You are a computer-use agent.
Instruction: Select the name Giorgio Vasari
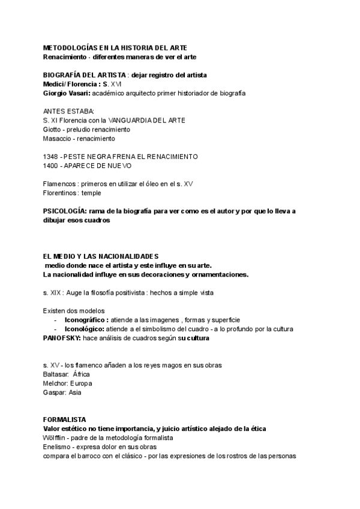65,93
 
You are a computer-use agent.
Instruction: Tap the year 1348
51,156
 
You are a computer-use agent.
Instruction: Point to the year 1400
51,165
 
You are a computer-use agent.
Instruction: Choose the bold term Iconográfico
91,320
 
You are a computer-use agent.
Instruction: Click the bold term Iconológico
88,329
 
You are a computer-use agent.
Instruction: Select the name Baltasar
56,374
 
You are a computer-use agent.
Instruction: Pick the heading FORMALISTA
65,419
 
